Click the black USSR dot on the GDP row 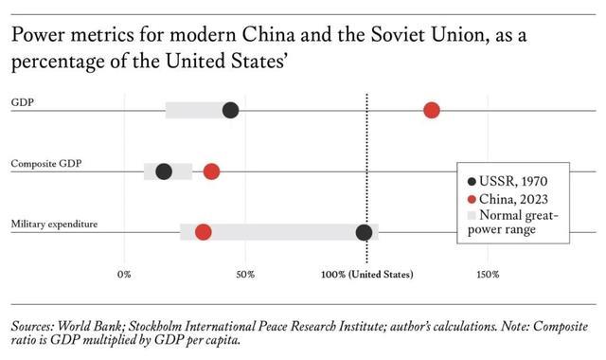click(231, 110)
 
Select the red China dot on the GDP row click(432, 110)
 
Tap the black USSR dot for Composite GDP click(164, 171)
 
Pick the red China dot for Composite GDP click(212, 171)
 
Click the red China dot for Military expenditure click(204, 232)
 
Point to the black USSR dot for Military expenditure click(364, 232)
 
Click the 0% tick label click(124, 275)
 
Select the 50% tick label click(245, 275)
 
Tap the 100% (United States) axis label click(367, 275)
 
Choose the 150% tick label click(488, 275)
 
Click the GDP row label click(23, 102)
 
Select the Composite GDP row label click(46, 164)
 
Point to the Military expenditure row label click(55, 225)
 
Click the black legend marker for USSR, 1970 click(472, 181)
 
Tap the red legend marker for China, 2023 click(472, 200)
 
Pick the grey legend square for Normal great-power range click(472, 215)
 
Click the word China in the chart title click(269, 35)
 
